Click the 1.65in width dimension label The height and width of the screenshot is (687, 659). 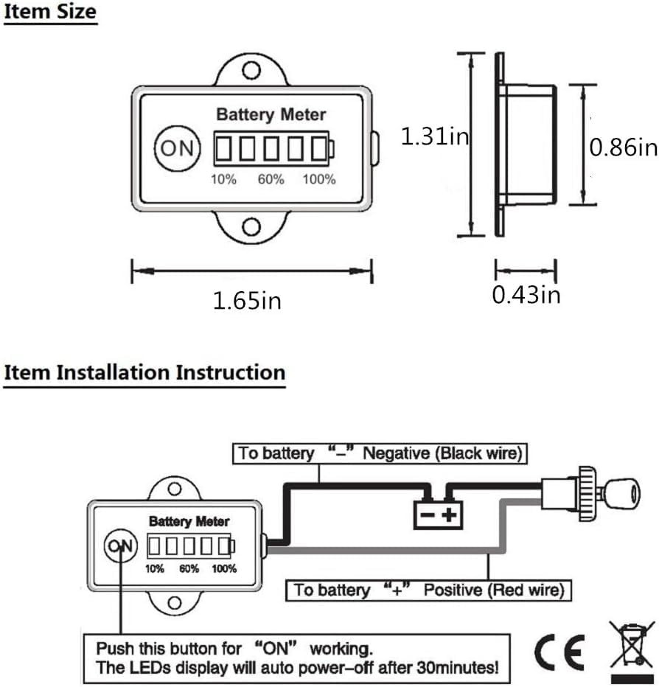point(247,301)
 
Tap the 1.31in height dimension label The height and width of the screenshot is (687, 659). point(435,136)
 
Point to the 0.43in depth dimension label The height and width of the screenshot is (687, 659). point(526,295)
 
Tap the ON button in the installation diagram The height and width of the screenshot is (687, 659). point(120,546)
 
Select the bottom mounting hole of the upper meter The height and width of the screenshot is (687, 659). point(252,226)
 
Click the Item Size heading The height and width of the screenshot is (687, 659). point(49,13)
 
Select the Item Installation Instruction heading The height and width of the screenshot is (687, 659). point(144,372)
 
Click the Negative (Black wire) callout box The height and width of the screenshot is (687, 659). point(380,453)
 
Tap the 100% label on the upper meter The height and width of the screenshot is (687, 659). point(318,179)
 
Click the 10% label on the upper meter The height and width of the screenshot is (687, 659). point(224,179)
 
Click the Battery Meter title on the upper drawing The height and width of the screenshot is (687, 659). point(271,115)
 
